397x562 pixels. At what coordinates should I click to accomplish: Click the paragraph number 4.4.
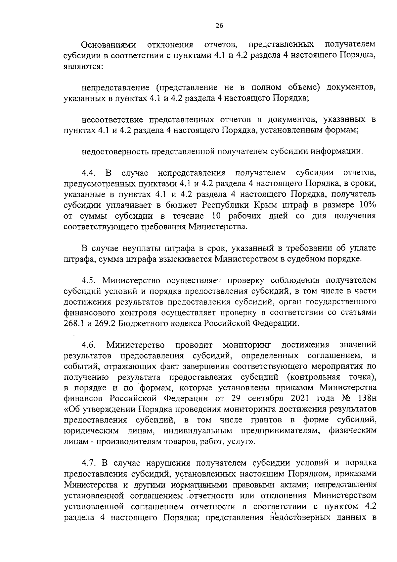[x=89, y=173]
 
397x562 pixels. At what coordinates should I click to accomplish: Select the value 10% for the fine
[x=366, y=205]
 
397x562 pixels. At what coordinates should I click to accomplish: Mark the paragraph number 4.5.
[x=89, y=280]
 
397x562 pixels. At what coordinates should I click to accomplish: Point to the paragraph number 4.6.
[x=89, y=345]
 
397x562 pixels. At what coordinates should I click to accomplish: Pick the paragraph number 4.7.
[x=89, y=463]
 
